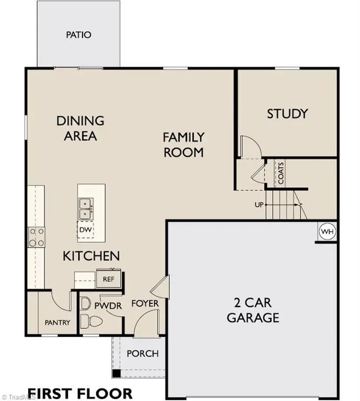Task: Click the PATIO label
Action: pos(78,35)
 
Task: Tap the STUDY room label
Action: pos(287,113)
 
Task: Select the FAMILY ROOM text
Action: pos(183,145)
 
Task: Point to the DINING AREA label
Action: pos(80,128)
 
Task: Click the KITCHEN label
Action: pos(91,256)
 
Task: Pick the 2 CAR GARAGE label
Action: pos(253,310)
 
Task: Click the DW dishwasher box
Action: pos(85,229)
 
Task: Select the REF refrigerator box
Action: pos(108,279)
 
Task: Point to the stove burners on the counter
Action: pos(36,237)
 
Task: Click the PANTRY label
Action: pos(57,323)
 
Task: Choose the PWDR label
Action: pos(108,306)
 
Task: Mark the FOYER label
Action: pos(145,303)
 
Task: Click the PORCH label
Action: pos(143,353)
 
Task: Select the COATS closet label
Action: pos(281,173)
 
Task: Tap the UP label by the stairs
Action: pos(259,205)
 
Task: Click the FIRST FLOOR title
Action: pos(80,392)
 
